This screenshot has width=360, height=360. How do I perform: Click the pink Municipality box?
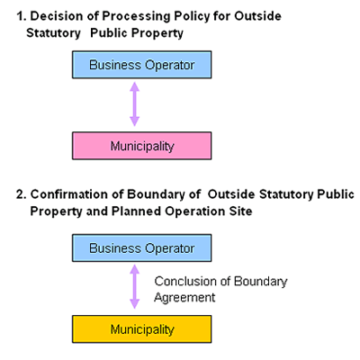tap(141, 146)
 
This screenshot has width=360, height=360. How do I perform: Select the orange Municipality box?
tap(141, 329)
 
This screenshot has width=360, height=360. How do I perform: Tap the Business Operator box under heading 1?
tap(141, 65)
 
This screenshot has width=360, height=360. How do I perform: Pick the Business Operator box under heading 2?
tap(141, 248)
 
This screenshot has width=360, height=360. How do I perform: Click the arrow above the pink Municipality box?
tap(134, 104)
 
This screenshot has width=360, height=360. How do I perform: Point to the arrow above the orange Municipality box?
tap(134, 287)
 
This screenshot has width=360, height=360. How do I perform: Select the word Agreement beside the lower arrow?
tap(184, 298)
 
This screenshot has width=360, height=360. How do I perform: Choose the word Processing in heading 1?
tap(137, 16)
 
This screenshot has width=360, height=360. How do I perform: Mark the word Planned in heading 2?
tap(136, 211)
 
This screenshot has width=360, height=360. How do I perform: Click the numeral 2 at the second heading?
tap(22, 194)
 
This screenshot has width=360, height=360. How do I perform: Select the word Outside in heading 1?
tap(257, 16)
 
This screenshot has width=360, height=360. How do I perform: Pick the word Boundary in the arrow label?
tap(260, 282)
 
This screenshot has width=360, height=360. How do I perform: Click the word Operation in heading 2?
tap(195, 211)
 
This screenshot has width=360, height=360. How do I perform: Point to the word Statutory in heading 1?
tap(53, 33)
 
